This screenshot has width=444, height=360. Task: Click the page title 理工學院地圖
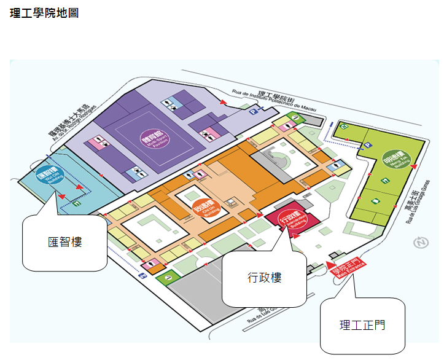point(44,13)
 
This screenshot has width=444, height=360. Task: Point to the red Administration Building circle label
point(290,219)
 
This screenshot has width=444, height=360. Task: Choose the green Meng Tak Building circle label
point(392,161)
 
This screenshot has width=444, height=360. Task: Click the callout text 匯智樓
point(65,242)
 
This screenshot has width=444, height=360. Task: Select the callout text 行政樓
point(264,278)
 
